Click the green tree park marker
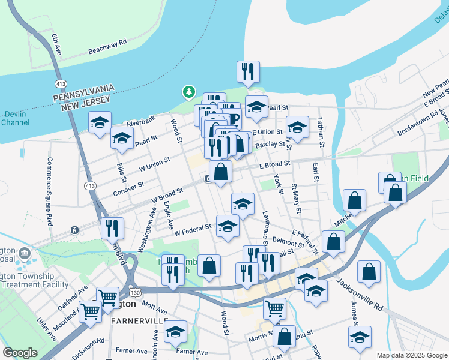click(189, 92)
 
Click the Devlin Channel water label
click(15, 118)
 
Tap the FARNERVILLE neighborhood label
click(139, 321)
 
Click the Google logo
click(19, 353)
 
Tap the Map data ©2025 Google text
click(411, 355)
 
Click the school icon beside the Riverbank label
click(99, 122)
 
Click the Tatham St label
click(321, 131)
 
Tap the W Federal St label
click(193, 229)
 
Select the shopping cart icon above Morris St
click(274, 309)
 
